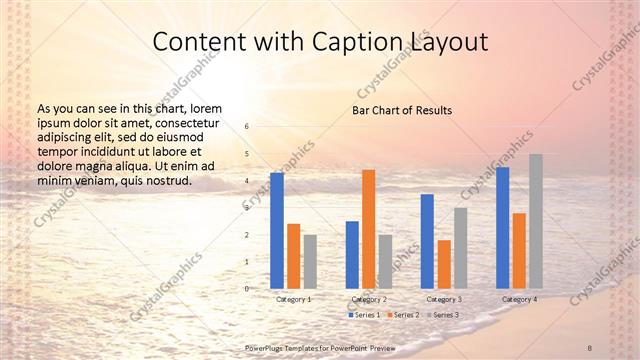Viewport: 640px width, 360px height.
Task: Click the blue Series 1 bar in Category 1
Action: tap(277, 230)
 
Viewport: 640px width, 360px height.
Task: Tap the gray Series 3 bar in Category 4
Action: tap(536, 221)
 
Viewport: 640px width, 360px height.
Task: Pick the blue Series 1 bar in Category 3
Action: tap(427, 241)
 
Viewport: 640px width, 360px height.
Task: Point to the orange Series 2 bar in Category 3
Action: tap(444, 264)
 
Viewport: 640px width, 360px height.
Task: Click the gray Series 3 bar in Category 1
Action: tap(310, 261)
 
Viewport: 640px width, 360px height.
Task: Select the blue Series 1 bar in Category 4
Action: tap(502, 227)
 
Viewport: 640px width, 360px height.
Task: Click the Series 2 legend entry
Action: tap(403, 315)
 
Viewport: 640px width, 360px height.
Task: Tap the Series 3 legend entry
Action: tap(443, 315)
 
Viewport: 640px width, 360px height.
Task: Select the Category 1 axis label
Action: tap(294, 299)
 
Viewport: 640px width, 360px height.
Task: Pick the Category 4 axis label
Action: tap(519, 299)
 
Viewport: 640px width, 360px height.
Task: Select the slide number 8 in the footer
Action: tap(590, 346)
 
